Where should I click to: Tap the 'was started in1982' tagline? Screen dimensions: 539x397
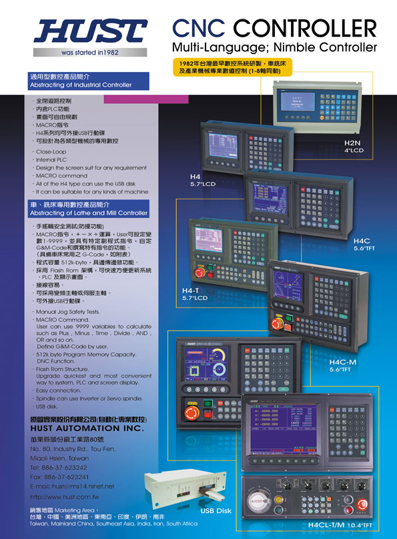[x=89, y=51]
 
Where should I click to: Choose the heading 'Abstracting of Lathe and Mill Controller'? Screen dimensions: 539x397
[x=88, y=213]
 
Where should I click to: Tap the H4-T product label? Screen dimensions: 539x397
[x=192, y=292]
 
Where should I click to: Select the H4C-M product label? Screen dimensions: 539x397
[x=344, y=362]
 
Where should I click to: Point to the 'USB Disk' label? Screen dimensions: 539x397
[x=216, y=510]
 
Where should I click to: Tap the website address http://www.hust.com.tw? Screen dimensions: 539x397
[x=65, y=497]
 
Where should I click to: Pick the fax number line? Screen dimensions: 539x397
[x=60, y=476]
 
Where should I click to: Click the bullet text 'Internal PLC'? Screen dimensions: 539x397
[x=52, y=160]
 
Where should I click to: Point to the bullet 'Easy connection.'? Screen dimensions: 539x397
[x=58, y=390]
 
